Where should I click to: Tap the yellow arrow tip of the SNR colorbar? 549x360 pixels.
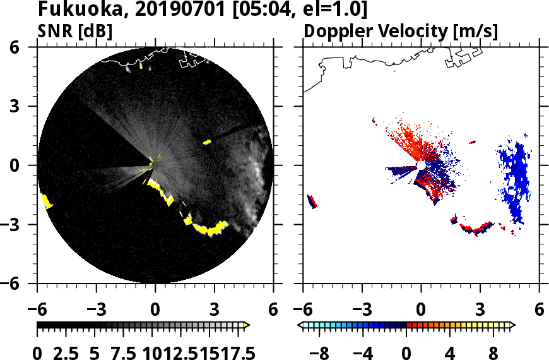[247, 325]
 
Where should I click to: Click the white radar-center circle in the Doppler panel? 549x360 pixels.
[420, 165]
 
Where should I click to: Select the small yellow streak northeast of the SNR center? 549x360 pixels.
[206, 142]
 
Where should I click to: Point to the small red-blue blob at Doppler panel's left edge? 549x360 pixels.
[312, 201]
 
